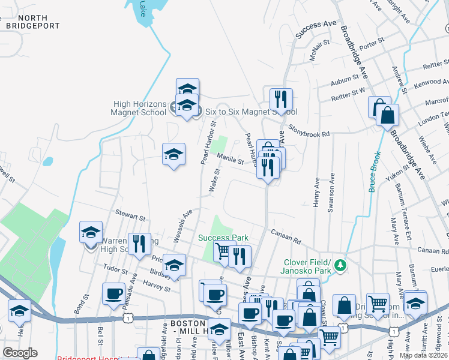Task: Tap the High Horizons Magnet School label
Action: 140,108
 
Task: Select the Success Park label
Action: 223,238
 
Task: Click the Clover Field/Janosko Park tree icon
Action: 340,264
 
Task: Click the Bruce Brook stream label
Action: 372,171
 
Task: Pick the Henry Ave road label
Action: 316,193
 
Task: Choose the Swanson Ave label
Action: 331,193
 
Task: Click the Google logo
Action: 20,353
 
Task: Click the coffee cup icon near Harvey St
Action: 113,295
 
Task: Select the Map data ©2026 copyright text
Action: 423,355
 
